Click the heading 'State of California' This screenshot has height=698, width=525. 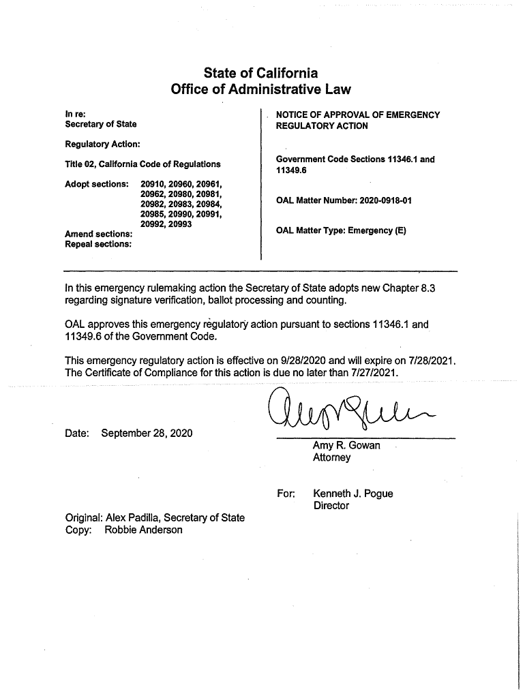pyautogui.click(x=260, y=73)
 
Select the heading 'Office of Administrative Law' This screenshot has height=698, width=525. pyautogui.click(x=260, y=90)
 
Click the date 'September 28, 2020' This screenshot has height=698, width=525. pyautogui.click(x=147, y=434)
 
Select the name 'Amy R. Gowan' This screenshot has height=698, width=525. pyautogui.click(x=346, y=446)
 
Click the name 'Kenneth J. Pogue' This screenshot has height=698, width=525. pyautogui.click(x=352, y=494)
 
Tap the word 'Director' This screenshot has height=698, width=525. pyautogui.click(x=331, y=506)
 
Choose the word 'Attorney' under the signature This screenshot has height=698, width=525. pyautogui.click(x=331, y=458)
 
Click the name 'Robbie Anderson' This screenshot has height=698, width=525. pyautogui.click(x=143, y=530)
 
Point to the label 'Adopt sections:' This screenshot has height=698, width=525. pyautogui.click(x=97, y=184)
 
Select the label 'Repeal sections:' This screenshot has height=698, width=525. pyautogui.click(x=98, y=244)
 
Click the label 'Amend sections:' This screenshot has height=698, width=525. pyautogui.click(x=98, y=234)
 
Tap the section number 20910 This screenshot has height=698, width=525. pyautogui.click(x=153, y=184)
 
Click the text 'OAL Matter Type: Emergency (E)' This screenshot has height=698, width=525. pyautogui.click(x=341, y=230)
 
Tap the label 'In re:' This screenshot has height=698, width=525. pyautogui.click(x=75, y=114)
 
